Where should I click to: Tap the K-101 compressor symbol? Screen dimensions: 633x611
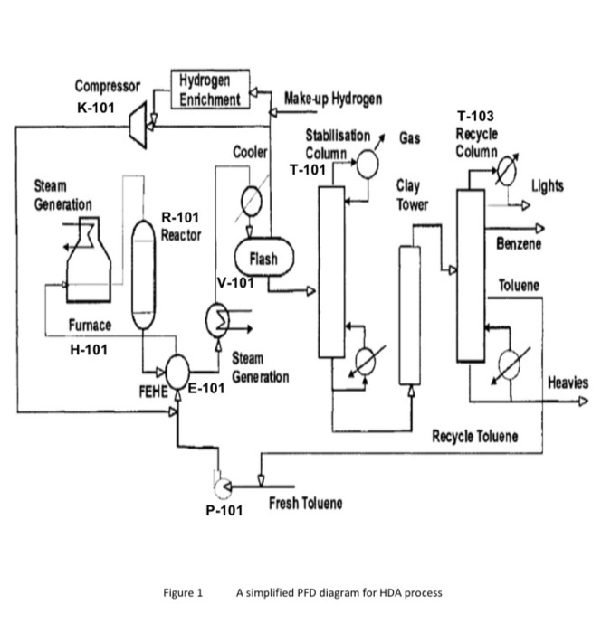click(141, 115)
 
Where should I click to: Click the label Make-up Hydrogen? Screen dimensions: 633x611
click(332, 98)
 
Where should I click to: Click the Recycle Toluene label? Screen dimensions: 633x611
click(474, 437)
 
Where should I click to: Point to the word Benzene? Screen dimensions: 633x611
click(519, 244)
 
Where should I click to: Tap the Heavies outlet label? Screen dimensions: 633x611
click(568, 383)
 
